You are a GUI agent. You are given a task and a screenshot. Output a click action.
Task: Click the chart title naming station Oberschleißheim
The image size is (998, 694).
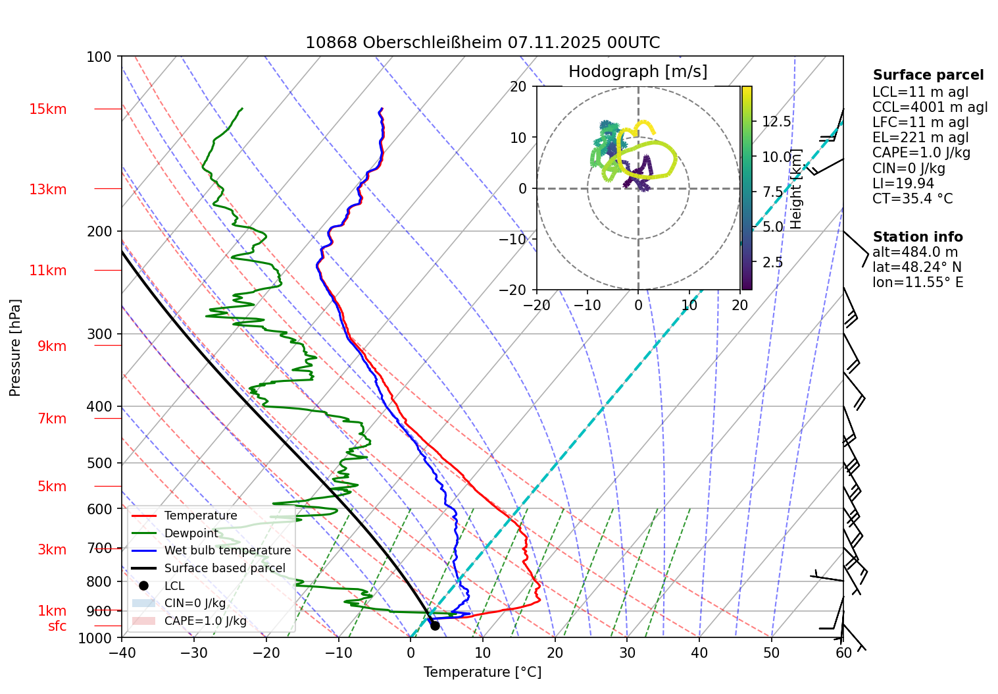pyautogui.click(x=482, y=43)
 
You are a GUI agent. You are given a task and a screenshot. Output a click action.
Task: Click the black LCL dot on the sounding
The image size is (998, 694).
pyautogui.click(x=435, y=626)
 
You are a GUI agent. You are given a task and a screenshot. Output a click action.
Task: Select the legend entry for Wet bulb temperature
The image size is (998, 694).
pyautogui.click(x=227, y=550)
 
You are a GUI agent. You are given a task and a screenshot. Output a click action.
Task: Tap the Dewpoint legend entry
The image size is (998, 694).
pyautogui.click(x=191, y=533)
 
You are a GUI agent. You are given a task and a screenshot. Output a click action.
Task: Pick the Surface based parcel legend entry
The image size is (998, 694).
pyautogui.click(x=224, y=568)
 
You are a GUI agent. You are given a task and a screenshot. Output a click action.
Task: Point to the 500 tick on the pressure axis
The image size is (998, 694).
pyautogui.click(x=100, y=463)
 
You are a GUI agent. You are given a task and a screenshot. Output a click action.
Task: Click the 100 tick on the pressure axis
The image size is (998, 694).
pyautogui.click(x=99, y=57)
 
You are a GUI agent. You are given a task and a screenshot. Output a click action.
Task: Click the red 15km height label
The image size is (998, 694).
pyautogui.click(x=47, y=109)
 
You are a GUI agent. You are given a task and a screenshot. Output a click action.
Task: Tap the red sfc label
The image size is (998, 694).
pyautogui.click(x=57, y=626)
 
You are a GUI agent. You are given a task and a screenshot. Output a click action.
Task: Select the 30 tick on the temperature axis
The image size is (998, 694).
pyautogui.click(x=627, y=653)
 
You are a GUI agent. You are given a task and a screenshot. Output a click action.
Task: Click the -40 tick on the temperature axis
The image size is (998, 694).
pyautogui.click(x=122, y=653)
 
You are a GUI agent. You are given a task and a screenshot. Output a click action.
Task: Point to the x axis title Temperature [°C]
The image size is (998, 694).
pyautogui.click(x=482, y=672)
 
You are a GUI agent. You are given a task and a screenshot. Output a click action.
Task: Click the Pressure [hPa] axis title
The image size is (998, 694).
pyautogui.click(x=15, y=348)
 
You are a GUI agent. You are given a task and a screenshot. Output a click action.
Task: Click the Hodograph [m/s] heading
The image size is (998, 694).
pyautogui.click(x=637, y=72)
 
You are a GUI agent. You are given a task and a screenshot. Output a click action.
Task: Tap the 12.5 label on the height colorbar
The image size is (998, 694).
pyautogui.click(x=776, y=122)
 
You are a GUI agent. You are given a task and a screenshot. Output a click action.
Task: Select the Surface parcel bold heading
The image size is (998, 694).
pyautogui.click(x=928, y=75)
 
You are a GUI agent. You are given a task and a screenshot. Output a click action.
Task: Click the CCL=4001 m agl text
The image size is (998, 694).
pyautogui.click(x=930, y=107)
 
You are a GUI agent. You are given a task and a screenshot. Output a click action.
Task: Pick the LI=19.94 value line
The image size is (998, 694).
pyautogui.click(x=903, y=184)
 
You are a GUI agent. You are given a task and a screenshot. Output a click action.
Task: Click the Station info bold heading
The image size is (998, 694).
pyautogui.click(x=918, y=237)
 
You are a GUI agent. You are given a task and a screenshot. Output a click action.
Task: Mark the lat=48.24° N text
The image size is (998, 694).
pyautogui.click(x=916, y=267)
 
